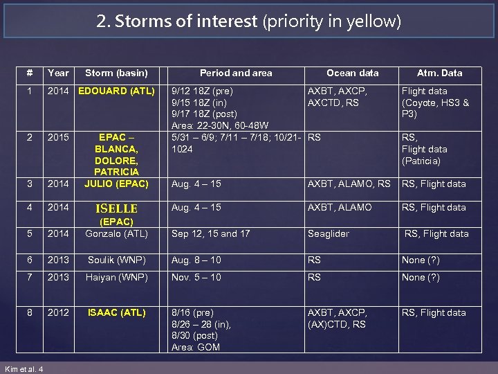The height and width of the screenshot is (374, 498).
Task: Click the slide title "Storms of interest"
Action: tap(186, 21)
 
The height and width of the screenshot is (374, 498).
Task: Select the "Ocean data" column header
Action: tap(352, 73)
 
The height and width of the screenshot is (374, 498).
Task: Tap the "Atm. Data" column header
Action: tap(439, 73)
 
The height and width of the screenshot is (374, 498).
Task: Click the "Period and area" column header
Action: tap(236, 73)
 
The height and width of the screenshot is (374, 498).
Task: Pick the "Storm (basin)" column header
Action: tap(116, 73)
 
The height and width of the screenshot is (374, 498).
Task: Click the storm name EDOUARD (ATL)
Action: tap(116, 91)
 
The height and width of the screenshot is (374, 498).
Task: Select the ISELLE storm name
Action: tap(116, 208)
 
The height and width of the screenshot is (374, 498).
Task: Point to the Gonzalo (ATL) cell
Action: tap(116, 233)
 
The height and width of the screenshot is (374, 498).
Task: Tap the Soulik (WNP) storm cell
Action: tap(116, 260)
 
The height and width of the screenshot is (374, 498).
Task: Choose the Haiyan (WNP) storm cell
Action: tap(116, 278)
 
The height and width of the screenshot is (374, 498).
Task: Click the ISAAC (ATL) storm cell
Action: tap(116, 312)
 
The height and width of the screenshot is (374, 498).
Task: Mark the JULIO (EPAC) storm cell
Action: tap(116, 184)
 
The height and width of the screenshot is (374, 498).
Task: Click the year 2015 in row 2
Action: tap(58, 138)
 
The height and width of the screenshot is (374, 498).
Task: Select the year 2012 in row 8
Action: tap(58, 312)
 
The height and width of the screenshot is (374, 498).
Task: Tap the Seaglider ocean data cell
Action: tap(329, 233)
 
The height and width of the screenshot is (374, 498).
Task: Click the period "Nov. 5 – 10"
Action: tap(196, 278)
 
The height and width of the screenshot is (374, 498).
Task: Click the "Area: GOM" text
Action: tap(196, 347)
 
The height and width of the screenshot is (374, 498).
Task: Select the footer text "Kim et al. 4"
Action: tap(24, 368)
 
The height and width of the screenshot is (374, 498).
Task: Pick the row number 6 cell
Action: tap(30, 260)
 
